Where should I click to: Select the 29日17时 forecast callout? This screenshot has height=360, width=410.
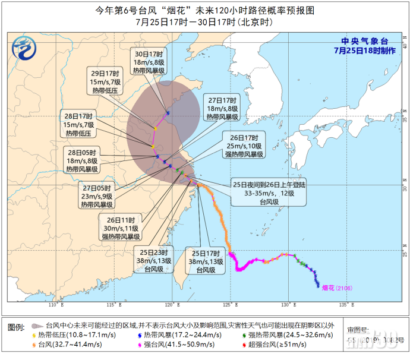[105, 83]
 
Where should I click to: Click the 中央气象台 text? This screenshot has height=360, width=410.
[364, 41]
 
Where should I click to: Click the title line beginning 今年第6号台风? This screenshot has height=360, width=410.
[205, 11]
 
